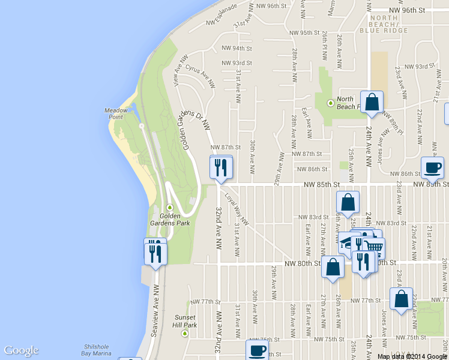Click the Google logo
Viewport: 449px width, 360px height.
tap(21, 351)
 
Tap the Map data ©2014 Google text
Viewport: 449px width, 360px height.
tap(412, 356)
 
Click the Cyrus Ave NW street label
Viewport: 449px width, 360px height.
tap(200, 74)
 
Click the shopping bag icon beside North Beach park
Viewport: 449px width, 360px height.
tap(372, 102)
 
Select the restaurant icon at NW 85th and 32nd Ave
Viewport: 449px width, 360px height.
tap(220, 167)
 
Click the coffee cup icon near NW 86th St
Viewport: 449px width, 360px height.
tap(432, 167)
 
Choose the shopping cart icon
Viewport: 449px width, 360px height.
tap(374, 246)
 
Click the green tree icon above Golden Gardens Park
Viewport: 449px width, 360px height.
tap(169, 208)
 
